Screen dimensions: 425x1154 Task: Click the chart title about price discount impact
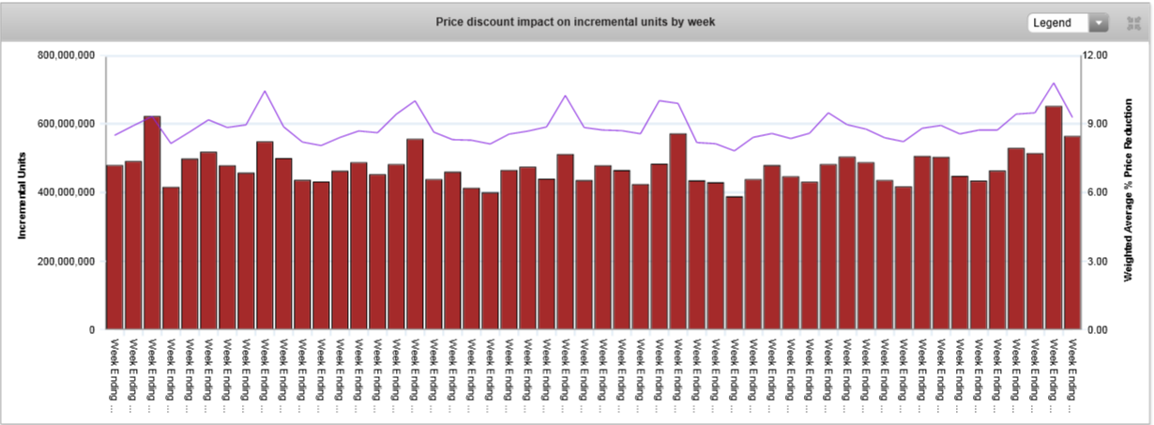pyautogui.click(x=575, y=22)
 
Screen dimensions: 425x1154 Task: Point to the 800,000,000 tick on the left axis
pyautogui.click(x=67, y=55)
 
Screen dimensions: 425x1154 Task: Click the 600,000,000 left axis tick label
pyautogui.click(x=67, y=124)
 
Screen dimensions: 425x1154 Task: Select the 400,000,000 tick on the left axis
pyautogui.click(x=67, y=192)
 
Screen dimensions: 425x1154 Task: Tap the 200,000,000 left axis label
pyautogui.click(x=67, y=262)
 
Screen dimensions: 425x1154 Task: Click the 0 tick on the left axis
pyautogui.click(x=92, y=330)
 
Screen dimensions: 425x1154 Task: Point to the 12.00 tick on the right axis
pyautogui.click(x=1096, y=55)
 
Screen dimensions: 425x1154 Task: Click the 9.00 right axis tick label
pyautogui.click(x=1096, y=124)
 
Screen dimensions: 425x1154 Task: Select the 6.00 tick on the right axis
pyautogui.click(x=1096, y=192)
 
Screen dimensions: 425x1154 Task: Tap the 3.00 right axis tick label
pyautogui.click(x=1096, y=262)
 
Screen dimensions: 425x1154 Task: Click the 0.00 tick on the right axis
pyautogui.click(x=1096, y=330)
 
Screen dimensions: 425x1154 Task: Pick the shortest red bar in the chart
pyautogui.click(x=734, y=264)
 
